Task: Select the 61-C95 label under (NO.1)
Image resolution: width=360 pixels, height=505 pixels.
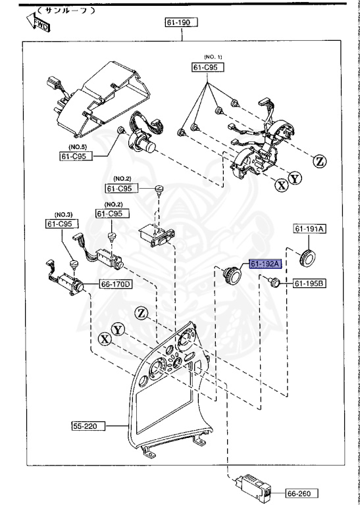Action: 207,67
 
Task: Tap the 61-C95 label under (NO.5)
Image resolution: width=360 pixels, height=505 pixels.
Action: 75,156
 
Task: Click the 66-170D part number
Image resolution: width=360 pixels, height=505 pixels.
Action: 116,284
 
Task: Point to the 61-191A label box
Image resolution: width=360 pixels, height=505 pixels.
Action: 309,229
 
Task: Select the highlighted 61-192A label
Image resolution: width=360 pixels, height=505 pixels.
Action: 265,264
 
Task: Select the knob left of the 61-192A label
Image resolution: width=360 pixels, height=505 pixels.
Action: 234,275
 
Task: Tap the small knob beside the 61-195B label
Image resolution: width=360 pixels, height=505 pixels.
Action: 275,283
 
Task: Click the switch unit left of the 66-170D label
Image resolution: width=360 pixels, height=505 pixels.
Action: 66,285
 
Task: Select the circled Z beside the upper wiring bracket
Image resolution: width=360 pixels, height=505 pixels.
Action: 319,160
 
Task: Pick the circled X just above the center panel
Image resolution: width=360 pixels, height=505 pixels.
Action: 104,339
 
